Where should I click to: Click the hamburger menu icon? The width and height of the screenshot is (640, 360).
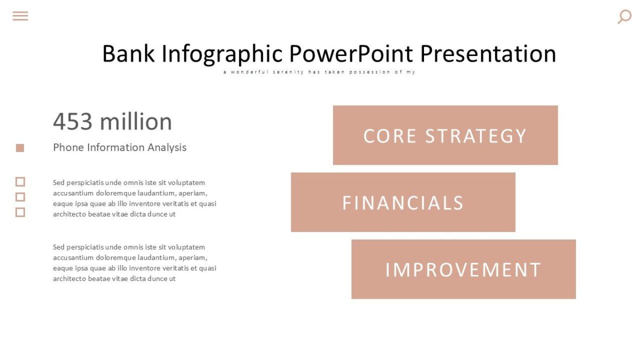click(x=20, y=16)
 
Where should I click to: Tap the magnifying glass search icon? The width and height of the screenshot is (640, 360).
click(x=624, y=17)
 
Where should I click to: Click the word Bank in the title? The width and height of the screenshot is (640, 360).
click(x=129, y=54)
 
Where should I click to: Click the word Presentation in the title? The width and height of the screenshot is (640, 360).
click(x=488, y=54)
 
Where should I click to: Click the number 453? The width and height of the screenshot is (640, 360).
click(x=73, y=122)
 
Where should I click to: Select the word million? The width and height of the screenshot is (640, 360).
click(x=135, y=122)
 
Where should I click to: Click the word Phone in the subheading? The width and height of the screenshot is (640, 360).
click(x=68, y=148)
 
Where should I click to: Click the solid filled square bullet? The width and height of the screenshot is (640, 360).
click(x=20, y=148)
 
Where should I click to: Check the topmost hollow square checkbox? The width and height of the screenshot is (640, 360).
click(x=20, y=182)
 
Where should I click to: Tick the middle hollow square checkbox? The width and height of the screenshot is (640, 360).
click(x=20, y=197)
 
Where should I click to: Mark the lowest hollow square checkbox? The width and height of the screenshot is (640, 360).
click(x=20, y=212)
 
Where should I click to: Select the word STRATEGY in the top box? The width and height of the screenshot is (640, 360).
click(x=476, y=136)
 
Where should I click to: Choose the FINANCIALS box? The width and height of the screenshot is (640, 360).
click(x=403, y=203)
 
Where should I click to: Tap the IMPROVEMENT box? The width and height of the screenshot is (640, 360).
click(x=463, y=269)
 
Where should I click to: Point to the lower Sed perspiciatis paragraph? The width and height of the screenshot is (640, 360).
click(x=134, y=263)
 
